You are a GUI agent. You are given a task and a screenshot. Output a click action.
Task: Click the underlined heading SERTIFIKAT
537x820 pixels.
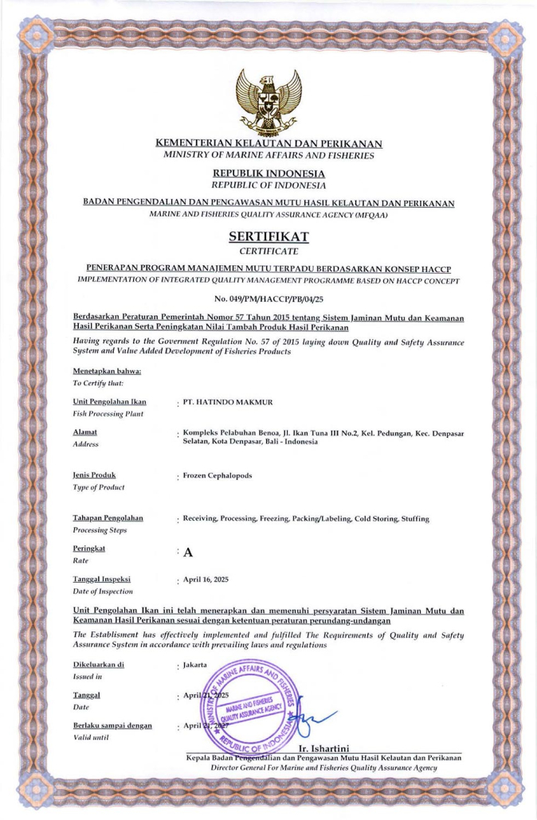click(x=268, y=236)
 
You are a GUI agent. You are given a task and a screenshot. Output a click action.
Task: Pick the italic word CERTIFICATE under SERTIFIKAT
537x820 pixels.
click(x=268, y=252)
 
